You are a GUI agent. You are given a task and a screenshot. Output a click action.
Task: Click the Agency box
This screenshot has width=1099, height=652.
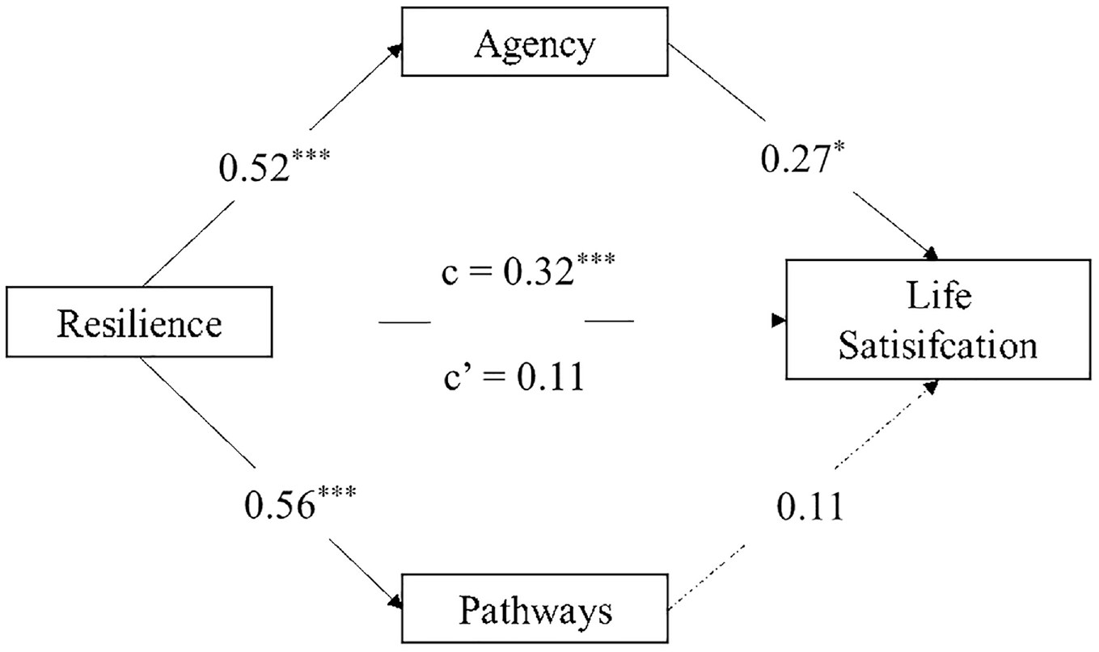(535, 42)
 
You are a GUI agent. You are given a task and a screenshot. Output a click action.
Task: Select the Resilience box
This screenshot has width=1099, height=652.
(139, 322)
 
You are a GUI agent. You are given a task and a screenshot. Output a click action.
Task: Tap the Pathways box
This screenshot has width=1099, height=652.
(535, 608)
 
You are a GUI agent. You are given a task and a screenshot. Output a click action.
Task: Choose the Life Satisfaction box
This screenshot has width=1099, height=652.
(938, 319)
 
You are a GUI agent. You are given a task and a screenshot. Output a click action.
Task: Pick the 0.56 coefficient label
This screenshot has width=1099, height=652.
(300, 502)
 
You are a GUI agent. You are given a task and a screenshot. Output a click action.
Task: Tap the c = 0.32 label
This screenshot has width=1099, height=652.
(528, 269)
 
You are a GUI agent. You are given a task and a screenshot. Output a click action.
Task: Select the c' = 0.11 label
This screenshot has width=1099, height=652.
(514, 376)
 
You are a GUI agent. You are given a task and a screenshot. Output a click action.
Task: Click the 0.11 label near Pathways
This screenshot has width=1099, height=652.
(810, 506)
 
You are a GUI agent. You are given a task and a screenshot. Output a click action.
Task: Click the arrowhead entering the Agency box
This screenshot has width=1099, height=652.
(395, 49)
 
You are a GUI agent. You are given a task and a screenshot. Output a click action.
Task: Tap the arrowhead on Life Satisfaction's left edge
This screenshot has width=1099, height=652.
(779, 320)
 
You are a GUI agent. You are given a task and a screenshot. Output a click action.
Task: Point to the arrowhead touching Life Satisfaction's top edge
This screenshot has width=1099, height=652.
(931, 254)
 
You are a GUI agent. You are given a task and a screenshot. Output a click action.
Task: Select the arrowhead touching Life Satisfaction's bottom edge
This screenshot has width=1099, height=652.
(932, 386)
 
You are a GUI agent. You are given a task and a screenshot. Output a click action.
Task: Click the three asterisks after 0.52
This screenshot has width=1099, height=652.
(311, 156)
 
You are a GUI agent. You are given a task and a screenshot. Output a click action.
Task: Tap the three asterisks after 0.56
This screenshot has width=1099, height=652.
(337, 492)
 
